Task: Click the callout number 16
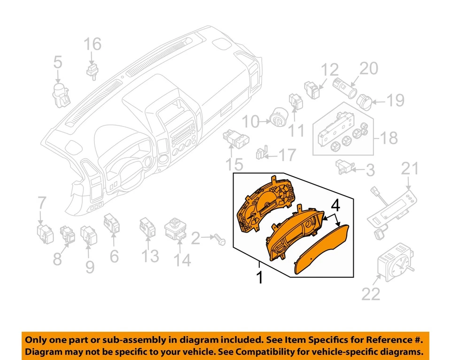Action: (93, 45)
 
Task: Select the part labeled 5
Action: (60, 92)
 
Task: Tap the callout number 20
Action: (368, 69)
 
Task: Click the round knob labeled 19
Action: (365, 101)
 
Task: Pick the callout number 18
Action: (389, 138)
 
